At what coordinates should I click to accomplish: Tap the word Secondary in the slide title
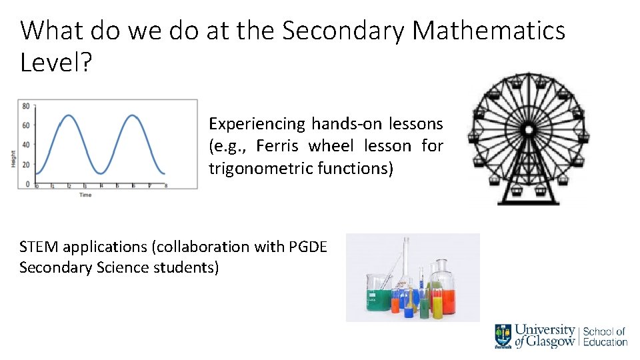(338, 31)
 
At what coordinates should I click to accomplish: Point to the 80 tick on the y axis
(25, 106)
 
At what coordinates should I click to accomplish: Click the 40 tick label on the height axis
(25, 145)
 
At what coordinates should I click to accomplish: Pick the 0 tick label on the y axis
(27, 183)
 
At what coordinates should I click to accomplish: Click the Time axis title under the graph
(85, 195)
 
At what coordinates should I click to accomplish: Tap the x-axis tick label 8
(165, 187)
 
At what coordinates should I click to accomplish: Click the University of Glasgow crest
(503, 335)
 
